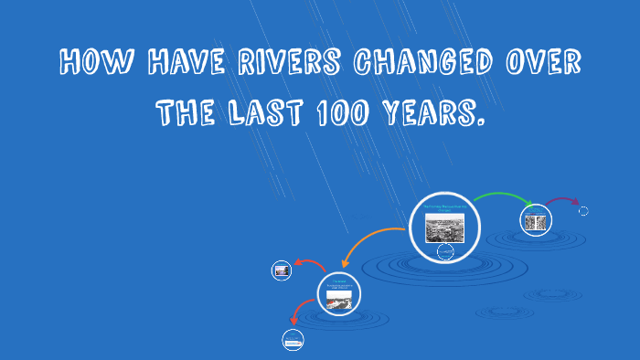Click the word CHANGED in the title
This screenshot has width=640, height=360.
tap(421, 63)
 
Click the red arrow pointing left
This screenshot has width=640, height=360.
tap(305, 264)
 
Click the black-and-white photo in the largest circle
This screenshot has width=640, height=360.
tap(445, 227)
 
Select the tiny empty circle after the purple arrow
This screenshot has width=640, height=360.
tap(583, 211)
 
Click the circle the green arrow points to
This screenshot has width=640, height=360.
tap(536, 220)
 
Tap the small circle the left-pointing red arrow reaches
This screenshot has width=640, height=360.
tap(282, 270)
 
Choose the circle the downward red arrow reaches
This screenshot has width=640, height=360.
tap(293, 341)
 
